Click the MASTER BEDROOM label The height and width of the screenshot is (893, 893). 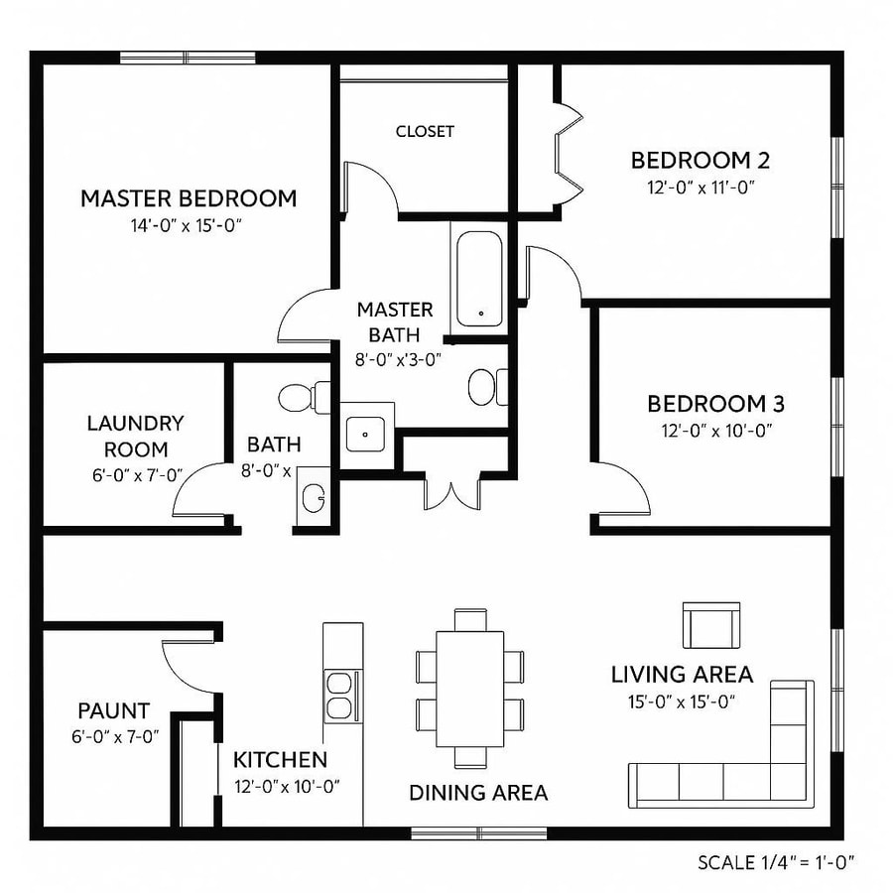(189, 197)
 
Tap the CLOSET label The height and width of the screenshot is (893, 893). (425, 131)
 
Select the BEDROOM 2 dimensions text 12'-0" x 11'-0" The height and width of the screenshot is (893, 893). (701, 187)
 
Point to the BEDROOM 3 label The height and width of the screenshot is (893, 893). (715, 404)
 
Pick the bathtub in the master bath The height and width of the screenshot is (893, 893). (480, 279)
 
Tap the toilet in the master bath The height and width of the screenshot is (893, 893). (486, 386)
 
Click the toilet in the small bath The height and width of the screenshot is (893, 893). (299, 397)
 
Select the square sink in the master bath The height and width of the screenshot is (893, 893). (366, 433)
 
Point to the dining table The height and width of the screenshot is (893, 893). (469, 690)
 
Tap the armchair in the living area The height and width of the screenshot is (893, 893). (710, 625)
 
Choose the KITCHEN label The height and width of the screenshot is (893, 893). (280, 760)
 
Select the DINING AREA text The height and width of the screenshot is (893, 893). (478, 792)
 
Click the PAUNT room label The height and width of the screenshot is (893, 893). (114, 710)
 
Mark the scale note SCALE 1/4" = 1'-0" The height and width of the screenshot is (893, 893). (776, 861)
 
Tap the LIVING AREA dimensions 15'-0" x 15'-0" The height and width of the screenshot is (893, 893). (682, 701)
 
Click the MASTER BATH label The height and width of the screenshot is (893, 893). (395, 321)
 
